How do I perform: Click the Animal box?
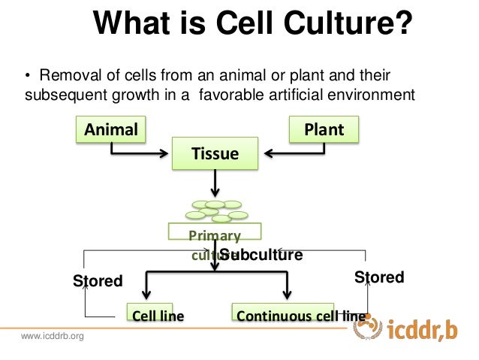click(x=111, y=129)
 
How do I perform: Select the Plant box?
click(x=324, y=129)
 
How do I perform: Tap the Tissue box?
click(x=215, y=154)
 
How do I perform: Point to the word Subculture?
click(x=261, y=255)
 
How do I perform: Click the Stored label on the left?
click(x=97, y=281)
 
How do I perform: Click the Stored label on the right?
click(x=378, y=277)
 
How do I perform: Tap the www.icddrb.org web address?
click(x=53, y=335)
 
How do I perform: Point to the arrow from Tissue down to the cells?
click(x=216, y=183)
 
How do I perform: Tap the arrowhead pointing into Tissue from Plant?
click(x=268, y=154)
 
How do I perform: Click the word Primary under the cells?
click(x=215, y=235)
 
